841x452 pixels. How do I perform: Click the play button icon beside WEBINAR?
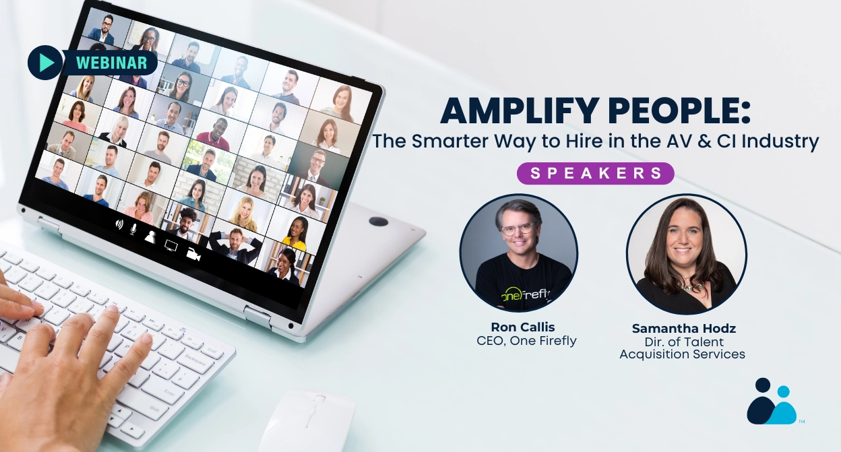point(45,63)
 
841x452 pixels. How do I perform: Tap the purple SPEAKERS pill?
point(596,173)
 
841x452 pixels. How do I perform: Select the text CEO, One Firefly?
point(526,341)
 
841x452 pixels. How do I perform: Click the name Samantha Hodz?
point(683,329)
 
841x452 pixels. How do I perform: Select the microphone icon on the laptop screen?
point(133,230)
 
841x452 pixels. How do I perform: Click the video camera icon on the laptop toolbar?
point(195,255)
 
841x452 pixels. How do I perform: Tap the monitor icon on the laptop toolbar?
point(171,246)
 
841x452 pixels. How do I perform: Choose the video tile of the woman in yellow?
point(297,233)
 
